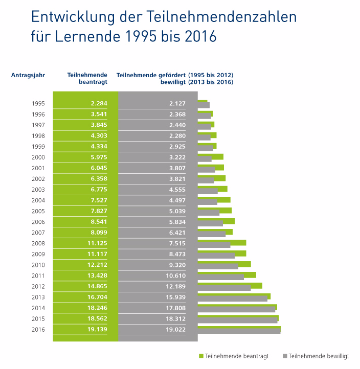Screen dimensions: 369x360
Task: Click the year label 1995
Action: click(x=38, y=104)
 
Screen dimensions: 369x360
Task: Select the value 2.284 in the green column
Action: click(x=97, y=104)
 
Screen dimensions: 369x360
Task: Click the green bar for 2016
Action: click(x=239, y=328)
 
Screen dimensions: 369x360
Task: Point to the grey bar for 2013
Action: click(x=232, y=298)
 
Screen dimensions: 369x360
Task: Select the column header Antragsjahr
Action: click(x=28, y=75)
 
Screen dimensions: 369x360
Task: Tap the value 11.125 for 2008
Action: click(x=96, y=243)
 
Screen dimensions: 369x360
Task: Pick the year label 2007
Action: click(x=38, y=233)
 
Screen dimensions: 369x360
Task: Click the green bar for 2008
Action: click(x=221, y=242)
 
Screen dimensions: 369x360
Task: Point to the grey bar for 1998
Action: click(x=204, y=138)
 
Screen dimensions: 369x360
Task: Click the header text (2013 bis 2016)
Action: click(x=211, y=82)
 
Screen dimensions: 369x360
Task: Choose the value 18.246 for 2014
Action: click(x=96, y=308)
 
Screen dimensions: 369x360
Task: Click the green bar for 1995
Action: click(x=202, y=102)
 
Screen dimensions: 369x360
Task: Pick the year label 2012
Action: click(x=38, y=286)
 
